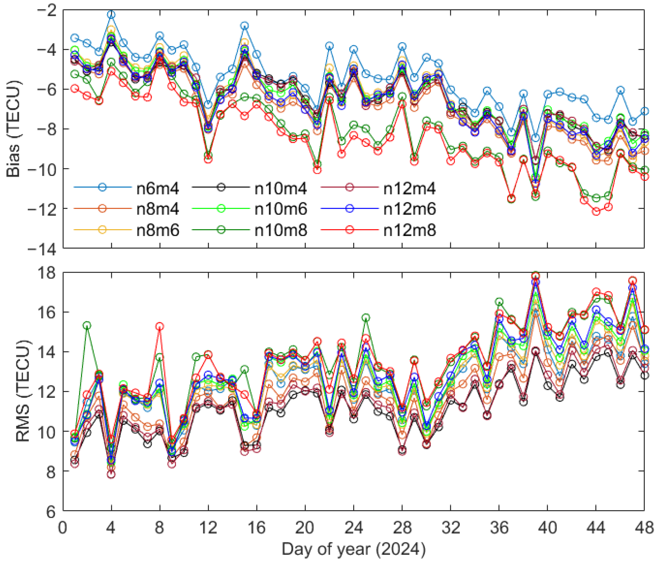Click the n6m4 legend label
tap(157, 189)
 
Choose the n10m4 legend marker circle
tap(221, 187)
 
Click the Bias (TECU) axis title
tap(14, 129)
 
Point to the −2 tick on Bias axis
tap(46, 10)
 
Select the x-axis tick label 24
tap(354, 528)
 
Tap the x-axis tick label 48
tap(644, 528)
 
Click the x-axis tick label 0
tap(63, 528)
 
